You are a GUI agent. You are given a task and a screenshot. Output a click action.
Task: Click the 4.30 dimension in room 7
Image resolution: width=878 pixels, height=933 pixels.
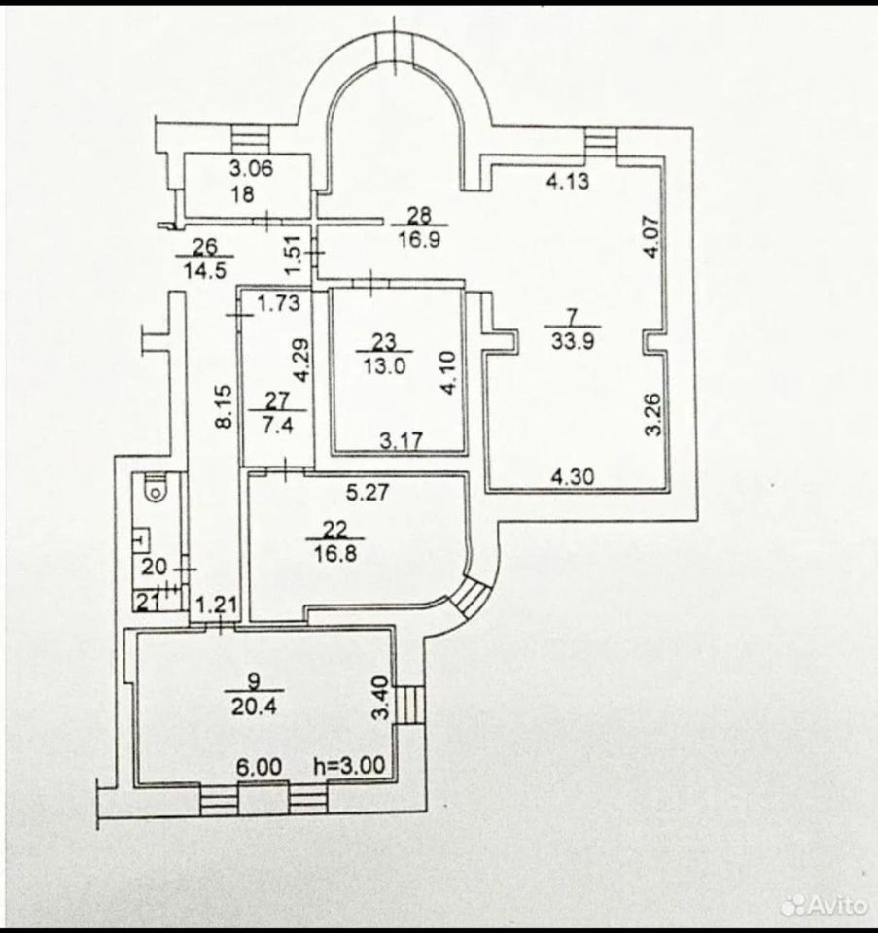[x=573, y=478]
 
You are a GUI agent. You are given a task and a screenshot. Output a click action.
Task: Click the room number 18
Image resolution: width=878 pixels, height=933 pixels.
[x=242, y=192]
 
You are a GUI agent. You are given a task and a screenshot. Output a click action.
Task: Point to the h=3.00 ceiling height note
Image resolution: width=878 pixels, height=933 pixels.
[x=355, y=766]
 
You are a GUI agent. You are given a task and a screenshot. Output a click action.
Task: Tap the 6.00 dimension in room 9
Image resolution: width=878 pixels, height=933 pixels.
[x=261, y=766]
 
